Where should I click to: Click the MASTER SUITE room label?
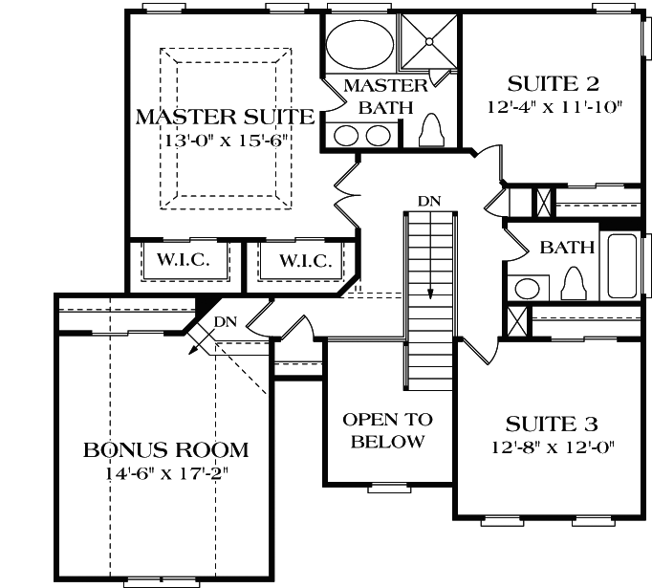point(225,118)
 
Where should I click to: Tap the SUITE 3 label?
point(546,423)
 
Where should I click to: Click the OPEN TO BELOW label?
point(387,430)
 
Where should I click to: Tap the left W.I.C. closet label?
point(184,261)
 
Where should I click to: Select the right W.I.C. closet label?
point(305,261)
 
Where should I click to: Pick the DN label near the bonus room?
point(225,322)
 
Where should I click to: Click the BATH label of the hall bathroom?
point(567,248)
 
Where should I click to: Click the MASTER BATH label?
point(378,97)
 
